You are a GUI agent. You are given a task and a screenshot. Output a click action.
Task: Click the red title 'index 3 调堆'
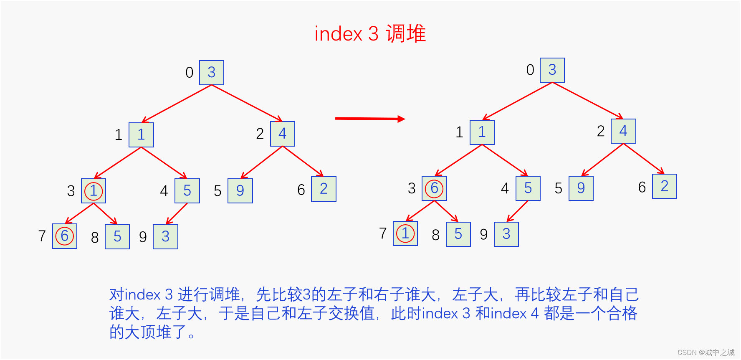(370, 34)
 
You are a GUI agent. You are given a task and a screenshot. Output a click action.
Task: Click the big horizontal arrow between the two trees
(369, 119)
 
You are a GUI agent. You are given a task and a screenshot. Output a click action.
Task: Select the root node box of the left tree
(212, 73)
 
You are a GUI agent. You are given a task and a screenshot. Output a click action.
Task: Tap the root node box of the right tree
(552, 70)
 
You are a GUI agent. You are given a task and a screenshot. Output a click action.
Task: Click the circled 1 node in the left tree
(94, 191)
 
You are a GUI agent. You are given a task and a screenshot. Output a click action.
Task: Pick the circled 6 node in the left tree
(65, 236)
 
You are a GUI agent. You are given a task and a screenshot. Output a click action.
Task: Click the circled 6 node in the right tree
(434, 188)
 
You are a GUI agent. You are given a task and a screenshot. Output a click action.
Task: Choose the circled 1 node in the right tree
(405, 233)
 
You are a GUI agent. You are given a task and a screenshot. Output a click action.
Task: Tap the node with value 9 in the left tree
(240, 191)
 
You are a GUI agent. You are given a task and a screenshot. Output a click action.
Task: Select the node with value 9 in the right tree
(581, 188)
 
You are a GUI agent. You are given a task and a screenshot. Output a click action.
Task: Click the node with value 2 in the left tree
(324, 189)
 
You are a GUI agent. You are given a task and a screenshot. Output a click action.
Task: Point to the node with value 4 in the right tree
(623, 131)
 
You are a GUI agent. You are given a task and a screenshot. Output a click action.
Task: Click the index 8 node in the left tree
(117, 237)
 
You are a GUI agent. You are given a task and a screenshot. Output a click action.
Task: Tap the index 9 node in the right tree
(506, 234)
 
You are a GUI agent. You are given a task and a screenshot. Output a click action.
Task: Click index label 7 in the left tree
(42, 236)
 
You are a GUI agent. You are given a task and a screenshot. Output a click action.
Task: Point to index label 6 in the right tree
(642, 187)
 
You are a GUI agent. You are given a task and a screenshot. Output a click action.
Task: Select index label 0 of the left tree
(190, 73)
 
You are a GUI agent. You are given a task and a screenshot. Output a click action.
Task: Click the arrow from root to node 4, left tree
(247, 103)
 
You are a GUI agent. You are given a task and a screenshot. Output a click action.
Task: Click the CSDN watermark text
(706, 352)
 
